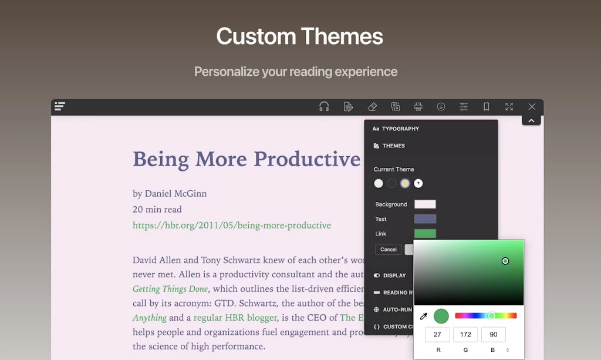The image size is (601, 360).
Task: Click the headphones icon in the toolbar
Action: click(324, 106)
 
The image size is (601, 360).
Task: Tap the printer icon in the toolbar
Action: click(418, 106)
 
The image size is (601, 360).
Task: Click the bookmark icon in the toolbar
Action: click(487, 106)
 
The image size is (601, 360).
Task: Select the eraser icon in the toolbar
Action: click(372, 106)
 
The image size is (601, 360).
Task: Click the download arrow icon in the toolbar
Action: click(441, 106)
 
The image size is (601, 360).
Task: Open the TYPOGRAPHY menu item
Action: click(400, 129)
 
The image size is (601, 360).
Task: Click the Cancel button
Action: click(389, 250)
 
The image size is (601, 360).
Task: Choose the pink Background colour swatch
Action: click(425, 204)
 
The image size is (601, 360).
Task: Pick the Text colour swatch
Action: click(425, 219)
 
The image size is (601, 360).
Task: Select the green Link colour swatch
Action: click(425, 234)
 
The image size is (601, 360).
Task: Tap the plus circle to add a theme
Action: click(418, 183)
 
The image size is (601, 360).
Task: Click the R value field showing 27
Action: click(437, 335)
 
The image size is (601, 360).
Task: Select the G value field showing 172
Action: click(465, 335)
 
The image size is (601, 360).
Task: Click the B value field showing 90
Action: click(493, 335)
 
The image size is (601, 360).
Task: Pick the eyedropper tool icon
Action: click(424, 317)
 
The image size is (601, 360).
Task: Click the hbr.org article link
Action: click(232, 226)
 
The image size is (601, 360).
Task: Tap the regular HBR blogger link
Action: click(235, 318)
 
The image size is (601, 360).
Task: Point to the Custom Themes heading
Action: click(300, 36)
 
